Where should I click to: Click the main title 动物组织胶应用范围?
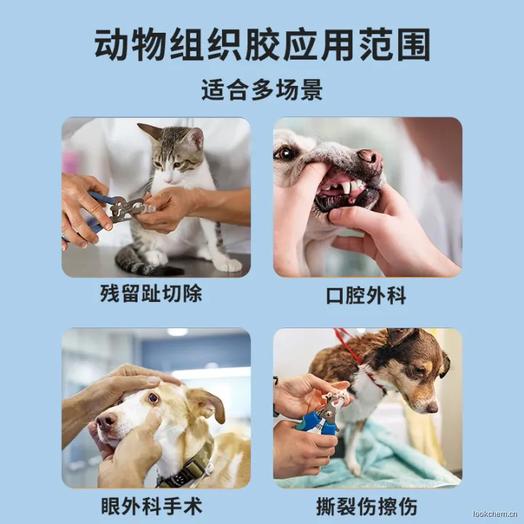(262, 45)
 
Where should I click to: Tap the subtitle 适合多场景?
(262, 90)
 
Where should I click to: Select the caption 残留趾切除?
(151, 294)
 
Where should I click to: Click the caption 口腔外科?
(366, 295)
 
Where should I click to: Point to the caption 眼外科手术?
(151, 506)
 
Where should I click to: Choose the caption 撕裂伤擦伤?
(367, 507)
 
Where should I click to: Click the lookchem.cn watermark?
(496, 514)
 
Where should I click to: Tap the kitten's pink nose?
(168, 180)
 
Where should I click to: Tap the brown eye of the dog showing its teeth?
(285, 154)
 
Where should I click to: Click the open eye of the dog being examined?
(154, 398)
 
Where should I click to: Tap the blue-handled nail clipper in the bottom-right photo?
(319, 418)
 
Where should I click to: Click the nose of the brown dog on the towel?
(432, 408)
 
